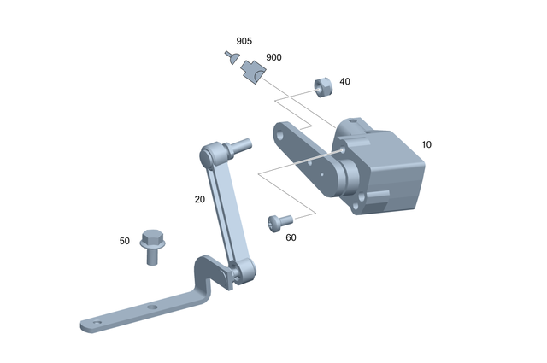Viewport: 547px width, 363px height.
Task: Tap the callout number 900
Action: pyautogui.click(x=273, y=57)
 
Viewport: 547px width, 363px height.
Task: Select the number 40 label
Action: pyautogui.click(x=344, y=82)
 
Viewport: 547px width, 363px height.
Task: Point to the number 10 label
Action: pyautogui.click(x=426, y=144)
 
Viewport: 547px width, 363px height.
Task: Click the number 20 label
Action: pyautogui.click(x=199, y=199)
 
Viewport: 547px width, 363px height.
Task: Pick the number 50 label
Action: pyautogui.click(x=125, y=242)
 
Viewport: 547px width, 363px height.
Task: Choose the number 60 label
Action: pyautogui.click(x=291, y=237)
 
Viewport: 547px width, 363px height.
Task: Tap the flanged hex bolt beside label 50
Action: pyautogui.click(x=152, y=246)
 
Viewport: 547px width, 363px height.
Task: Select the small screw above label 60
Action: pyautogui.click(x=279, y=222)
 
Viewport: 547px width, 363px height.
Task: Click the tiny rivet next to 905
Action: pyautogui.click(x=231, y=57)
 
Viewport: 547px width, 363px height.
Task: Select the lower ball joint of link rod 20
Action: pyautogui.click(x=243, y=273)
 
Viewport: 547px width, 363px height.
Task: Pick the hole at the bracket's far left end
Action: pyautogui.click(x=96, y=324)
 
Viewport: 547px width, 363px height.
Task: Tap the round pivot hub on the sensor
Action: pyautogui.click(x=350, y=178)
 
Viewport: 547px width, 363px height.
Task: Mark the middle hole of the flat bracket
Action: pyautogui.click(x=151, y=306)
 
